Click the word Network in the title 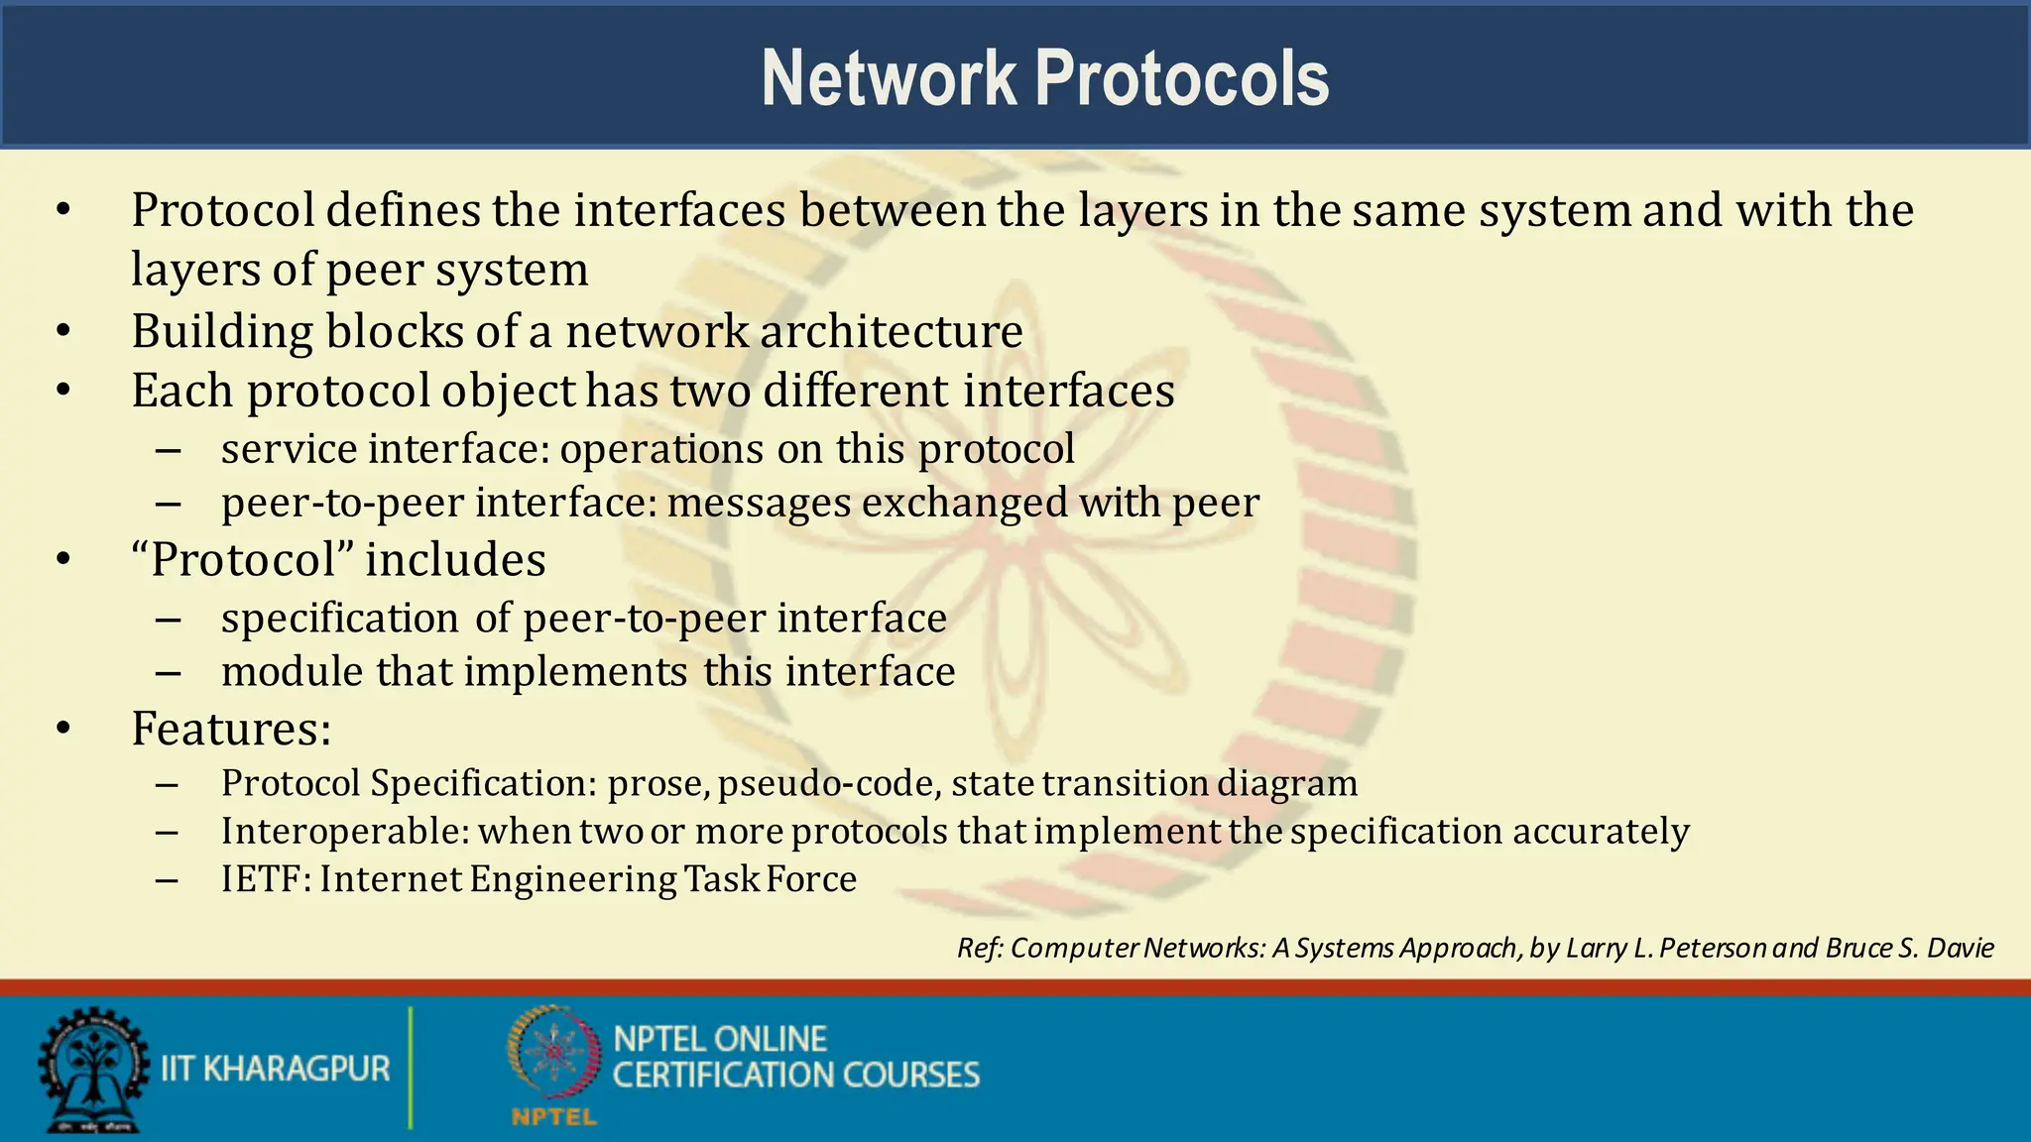[x=889, y=78]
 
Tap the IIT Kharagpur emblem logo [x=93, y=1069]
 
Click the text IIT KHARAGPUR [x=275, y=1069]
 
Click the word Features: [x=231, y=729]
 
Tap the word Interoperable [x=343, y=831]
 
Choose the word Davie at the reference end [x=1960, y=949]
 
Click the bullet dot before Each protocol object [x=63, y=391]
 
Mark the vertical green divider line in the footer [x=410, y=1068]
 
